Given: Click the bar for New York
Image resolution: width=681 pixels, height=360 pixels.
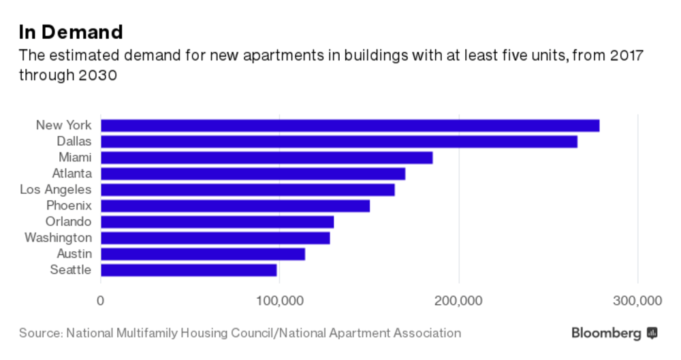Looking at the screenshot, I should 350,125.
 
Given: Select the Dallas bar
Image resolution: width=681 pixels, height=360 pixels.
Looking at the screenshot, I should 339,142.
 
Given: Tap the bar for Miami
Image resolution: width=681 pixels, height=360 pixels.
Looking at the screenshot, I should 266,158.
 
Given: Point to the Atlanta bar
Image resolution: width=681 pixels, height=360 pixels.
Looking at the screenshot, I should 253,174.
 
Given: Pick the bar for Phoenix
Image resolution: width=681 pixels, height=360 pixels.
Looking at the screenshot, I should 235,206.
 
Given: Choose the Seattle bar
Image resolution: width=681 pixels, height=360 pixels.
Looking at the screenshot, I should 189,270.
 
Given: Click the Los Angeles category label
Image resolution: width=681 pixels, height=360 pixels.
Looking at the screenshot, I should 55,190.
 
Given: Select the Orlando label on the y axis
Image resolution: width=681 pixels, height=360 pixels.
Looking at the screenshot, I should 68,222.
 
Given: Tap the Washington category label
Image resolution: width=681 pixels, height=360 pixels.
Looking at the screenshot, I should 58,238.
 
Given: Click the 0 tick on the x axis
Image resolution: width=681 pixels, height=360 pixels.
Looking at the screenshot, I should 101,300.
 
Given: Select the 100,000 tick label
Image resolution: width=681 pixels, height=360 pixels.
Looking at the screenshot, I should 279,300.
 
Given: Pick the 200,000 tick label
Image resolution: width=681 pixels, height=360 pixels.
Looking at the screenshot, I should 458,300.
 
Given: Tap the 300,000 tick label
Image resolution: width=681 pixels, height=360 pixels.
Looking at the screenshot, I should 637,300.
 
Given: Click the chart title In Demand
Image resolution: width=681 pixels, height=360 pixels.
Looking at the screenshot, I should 71,31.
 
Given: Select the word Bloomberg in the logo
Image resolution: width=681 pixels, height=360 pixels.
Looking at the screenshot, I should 606,333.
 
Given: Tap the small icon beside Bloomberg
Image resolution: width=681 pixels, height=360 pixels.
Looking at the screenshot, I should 652,333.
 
